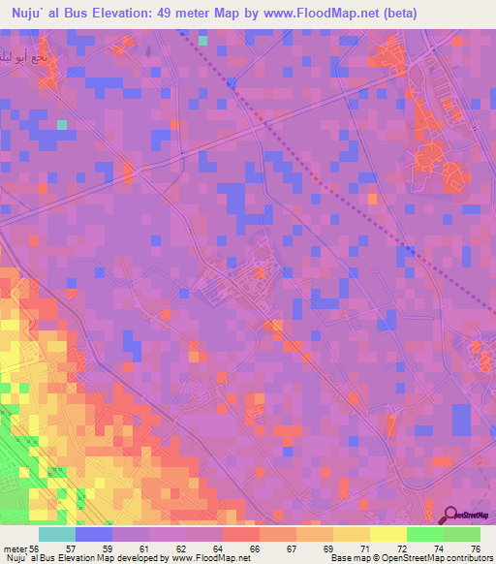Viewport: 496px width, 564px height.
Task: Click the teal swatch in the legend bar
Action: coord(57,534)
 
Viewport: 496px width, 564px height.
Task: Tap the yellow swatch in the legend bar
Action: coord(387,534)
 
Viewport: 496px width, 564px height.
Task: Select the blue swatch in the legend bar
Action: coord(94,534)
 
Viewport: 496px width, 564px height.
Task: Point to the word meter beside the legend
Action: coord(13,549)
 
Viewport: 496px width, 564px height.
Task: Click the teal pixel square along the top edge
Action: coord(202,41)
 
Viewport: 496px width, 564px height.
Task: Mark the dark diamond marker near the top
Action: coord(231,83)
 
